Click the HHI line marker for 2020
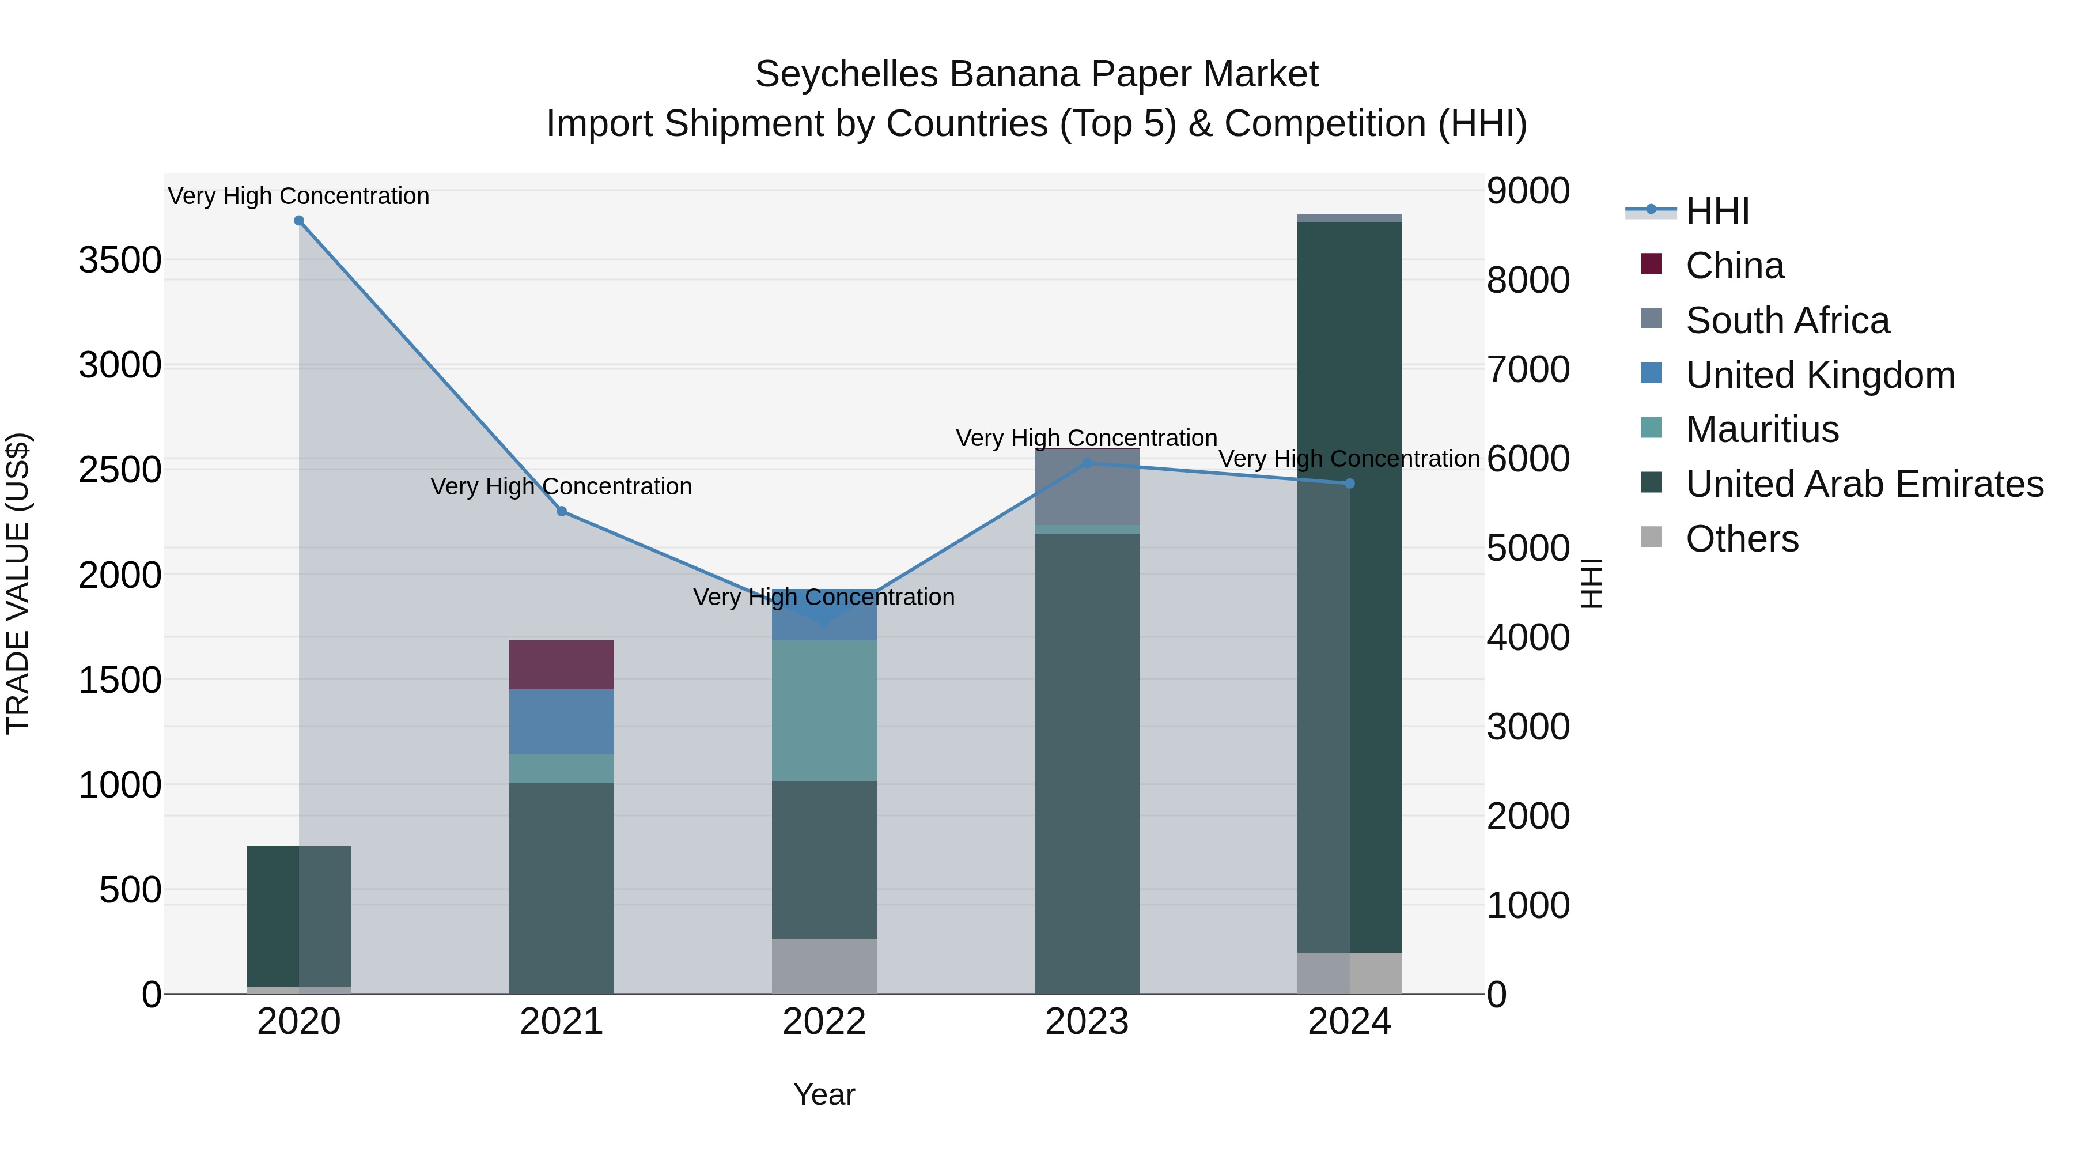coord(298,221)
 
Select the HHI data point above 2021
coord(562,511)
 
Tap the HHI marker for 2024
coord(1350,484)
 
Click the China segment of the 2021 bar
coord(562,664)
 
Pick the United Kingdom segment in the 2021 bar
coord(562,722)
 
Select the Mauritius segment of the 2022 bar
coord(824,711)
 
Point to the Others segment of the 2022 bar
coord(824,966)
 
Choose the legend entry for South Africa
coord(1787,320)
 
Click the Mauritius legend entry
coord(1762,429)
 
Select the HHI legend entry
coord(1717,211)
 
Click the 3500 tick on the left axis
coord(120,261)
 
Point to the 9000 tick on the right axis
coord(1527,192)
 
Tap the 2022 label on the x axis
coord(824,1022)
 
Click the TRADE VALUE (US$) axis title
coord(18,583)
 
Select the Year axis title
coord(824,1094)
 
